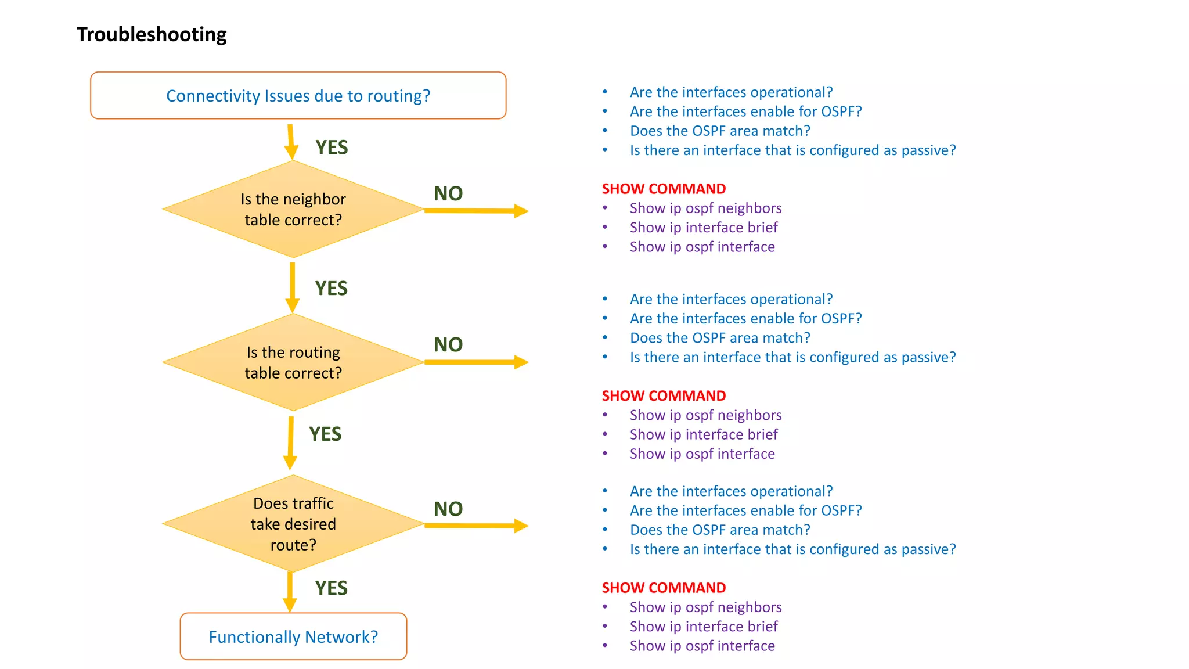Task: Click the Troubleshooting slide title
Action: click(152, 35)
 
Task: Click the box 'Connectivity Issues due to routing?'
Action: click(298, 96)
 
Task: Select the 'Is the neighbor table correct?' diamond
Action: click(293, 210)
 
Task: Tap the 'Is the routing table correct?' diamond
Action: click(293, 362)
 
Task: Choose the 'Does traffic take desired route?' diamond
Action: click(293, 524)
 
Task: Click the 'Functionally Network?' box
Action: click(293, 636)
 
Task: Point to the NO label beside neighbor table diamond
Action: click(448, 193)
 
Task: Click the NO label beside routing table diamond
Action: click(448, 344)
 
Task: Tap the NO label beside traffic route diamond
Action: click(448, 509)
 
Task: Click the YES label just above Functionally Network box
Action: click(331, 588)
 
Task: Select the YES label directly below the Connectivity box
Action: click(331, 147)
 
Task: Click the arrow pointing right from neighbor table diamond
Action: click(476, 211)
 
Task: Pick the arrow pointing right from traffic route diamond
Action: click(476, 526)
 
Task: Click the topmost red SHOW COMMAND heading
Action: click(664, 189)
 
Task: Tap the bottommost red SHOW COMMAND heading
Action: click(664, 588)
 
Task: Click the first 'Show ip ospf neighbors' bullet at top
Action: click(705, 208)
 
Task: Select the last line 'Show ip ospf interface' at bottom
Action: click(702, 646)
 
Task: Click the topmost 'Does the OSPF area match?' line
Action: click(720, 131)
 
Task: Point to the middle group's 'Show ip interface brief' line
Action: click(704, 434)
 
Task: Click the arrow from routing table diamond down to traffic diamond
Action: click(290, 443)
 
